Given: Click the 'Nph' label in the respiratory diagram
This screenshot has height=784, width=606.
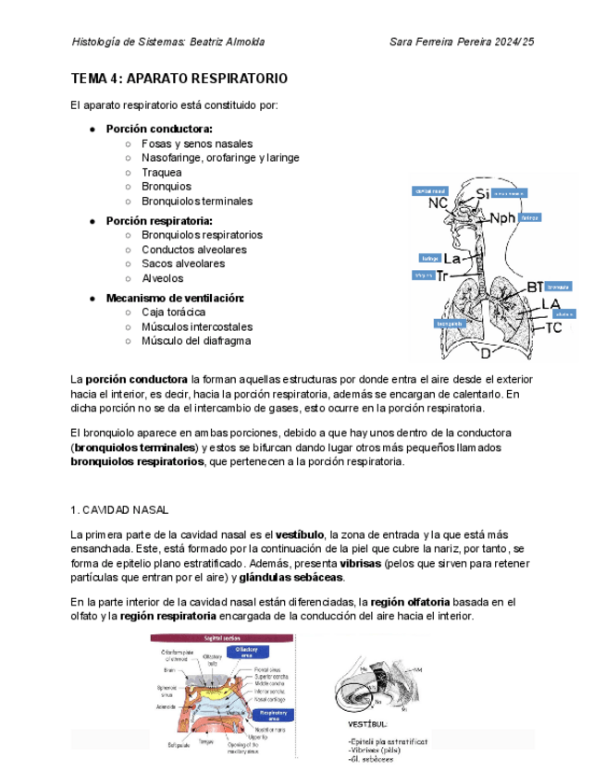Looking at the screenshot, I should point(502,218).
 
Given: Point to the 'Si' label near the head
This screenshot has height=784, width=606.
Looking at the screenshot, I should point(483,194).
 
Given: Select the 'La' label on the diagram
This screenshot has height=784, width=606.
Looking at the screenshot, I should point(454,259).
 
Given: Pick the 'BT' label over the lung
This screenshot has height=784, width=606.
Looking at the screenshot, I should point(535,288).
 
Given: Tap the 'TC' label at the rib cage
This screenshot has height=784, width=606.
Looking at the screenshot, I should point(553,327).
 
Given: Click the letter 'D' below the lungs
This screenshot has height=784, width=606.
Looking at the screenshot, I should point(485,352).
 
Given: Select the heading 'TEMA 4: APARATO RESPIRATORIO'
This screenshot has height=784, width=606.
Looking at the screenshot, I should point(179,79).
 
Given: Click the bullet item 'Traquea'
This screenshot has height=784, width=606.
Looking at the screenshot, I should point(161,172).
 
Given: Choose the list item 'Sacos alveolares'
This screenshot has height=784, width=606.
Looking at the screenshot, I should point(183,263).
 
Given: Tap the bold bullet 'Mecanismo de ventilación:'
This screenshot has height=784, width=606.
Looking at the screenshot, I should point(175,298).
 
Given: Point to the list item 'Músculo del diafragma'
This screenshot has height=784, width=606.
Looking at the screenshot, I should point(196,340).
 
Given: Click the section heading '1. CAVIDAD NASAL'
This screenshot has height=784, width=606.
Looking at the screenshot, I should point(119,509).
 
